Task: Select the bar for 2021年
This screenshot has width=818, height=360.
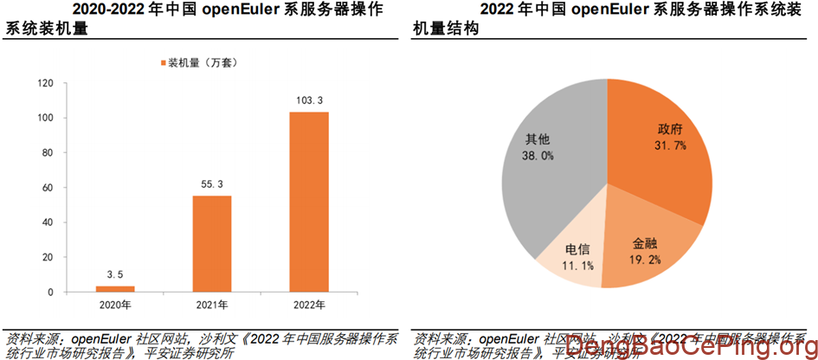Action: [x=211, y=244]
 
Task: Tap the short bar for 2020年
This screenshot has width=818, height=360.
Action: [x=115, y=288]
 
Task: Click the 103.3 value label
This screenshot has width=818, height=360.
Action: [x=308, y=101]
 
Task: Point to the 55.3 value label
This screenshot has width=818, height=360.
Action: [x=211, y=185]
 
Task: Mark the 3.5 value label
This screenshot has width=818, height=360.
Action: [x=115, y=275]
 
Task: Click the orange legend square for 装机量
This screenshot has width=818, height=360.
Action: [x=162, y=62]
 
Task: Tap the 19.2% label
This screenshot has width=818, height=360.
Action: [x=646, y=259]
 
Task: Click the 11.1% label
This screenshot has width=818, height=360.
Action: [x=577, y=266]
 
